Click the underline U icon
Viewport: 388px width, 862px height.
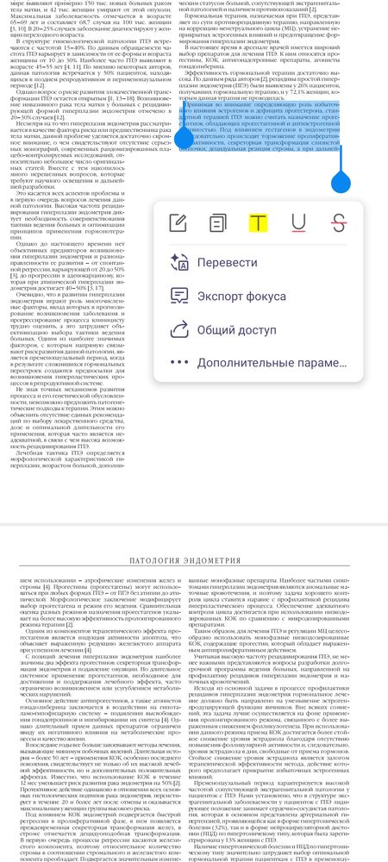point(298,222)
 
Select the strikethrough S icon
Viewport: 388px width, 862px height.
point(339,222)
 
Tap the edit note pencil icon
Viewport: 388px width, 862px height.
point(179,222)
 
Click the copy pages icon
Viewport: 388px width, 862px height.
point(219,222)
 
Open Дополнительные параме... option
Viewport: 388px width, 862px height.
point(271,363)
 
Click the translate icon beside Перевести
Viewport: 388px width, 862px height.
point(179,262)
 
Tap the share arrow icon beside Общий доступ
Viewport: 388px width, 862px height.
point(179,328)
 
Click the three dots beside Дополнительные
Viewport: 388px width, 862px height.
point(179,363)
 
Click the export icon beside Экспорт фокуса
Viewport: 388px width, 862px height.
point(179,295)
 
